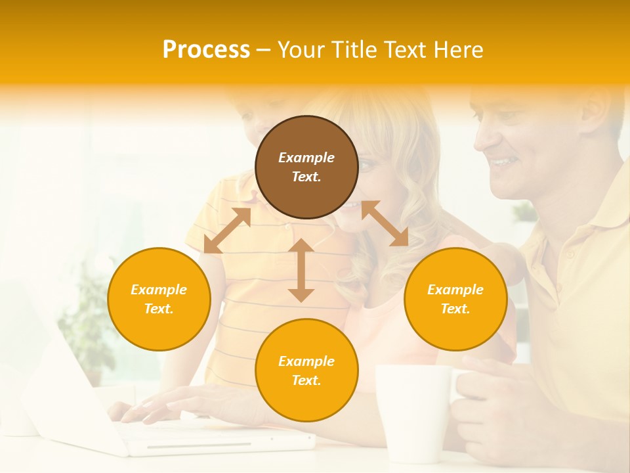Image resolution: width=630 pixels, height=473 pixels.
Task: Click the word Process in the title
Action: [206, 50]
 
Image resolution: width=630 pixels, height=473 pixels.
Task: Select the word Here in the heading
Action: [458, 50]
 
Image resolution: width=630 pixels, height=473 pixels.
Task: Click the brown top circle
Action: [306, 167]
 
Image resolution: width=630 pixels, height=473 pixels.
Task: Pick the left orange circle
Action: [159, 299]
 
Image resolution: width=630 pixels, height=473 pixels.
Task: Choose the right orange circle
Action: [455, 299]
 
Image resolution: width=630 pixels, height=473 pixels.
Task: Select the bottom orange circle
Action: [306, 371]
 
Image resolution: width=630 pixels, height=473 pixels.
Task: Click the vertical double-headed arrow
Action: [301, 270]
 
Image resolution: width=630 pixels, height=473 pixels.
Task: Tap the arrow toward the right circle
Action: [385, 223]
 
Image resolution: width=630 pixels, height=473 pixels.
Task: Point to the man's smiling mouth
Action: [503, 161]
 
